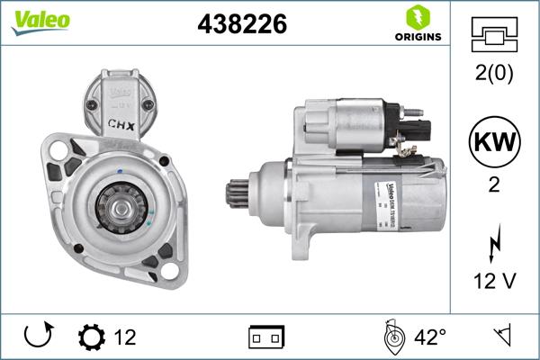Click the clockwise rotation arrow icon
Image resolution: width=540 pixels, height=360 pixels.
click(x=38, y=337)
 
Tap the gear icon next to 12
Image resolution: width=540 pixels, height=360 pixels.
click(x=91, y=337)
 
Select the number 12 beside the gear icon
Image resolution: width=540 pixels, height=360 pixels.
click(x=125, y=337)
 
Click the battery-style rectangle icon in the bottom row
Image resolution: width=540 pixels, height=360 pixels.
click(x=266, y=337)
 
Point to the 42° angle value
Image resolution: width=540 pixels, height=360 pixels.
click(x=430, y=337)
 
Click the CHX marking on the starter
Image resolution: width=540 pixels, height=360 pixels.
click(x=122, y=126)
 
